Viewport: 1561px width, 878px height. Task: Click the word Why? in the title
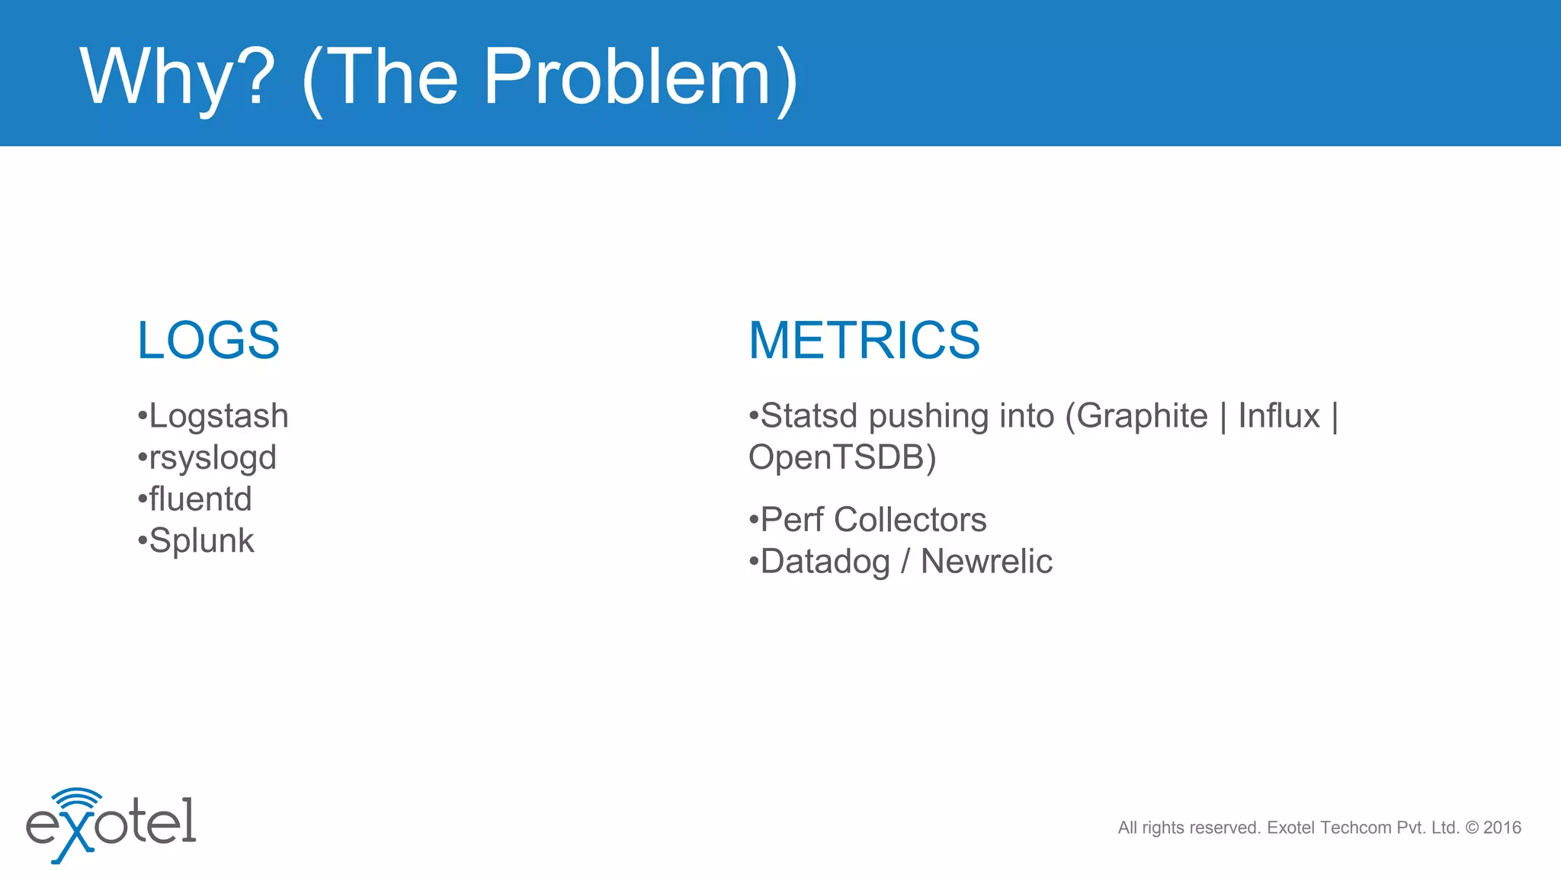coord(177,77)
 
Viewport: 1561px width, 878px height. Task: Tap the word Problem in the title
coord(628,77)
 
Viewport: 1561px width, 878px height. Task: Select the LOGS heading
coord(208,340)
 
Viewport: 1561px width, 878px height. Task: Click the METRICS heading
coord(864,340)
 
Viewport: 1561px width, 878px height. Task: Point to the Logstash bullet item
coord(218,416)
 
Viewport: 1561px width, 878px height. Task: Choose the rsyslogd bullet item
coord(212,458)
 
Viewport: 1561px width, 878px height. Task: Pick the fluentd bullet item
coord(200,499)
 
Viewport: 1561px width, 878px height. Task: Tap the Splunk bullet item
coord(201,541)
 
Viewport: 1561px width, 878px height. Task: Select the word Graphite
coord(1141,416)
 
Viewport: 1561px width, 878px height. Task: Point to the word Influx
coord(1278,416)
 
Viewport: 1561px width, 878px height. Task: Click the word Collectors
coord(910,520)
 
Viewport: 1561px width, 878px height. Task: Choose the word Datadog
coord(825,562)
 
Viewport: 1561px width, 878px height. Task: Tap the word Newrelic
coord(986,562)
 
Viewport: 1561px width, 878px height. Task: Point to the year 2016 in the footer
coord(1502,828)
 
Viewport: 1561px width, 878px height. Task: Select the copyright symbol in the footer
coord(1472,828)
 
